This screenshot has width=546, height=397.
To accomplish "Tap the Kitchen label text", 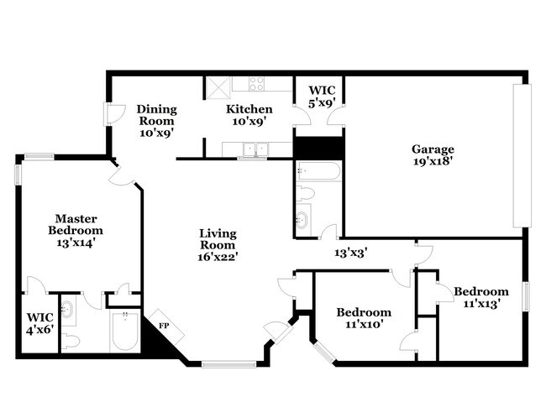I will point(249,115).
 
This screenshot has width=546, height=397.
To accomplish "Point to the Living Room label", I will point(218,245).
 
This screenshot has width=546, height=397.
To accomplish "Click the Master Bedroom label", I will point(75,230).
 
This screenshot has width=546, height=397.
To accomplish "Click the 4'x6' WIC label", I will point(39,324).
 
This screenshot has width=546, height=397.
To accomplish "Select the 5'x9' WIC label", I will point(323,97).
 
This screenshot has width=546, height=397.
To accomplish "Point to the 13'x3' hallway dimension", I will point(351,252).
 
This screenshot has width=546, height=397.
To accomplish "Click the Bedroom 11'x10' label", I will point(364,319).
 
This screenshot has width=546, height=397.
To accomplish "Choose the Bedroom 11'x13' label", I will point(481,297).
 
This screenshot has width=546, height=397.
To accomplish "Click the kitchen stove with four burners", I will point(256,83).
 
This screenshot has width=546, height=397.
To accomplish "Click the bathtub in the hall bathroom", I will point(318,172).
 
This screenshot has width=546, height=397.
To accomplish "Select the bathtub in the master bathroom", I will point(125,333).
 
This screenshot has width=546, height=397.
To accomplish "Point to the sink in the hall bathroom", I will point(302,222).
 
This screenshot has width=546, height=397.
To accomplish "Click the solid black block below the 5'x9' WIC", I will point(318,147).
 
